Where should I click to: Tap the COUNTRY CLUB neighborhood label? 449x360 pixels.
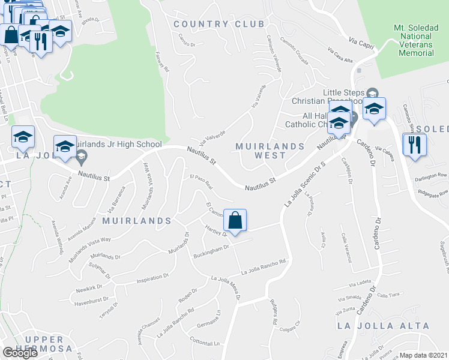pos(218,24)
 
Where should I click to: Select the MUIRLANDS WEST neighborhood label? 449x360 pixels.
pos(270,151)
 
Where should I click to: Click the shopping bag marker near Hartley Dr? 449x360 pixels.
pos(236,221)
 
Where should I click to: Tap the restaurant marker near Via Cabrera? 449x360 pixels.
pos(414,146)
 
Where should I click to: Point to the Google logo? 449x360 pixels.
pos(20,353)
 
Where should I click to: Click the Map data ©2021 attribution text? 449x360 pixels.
pos(424,355)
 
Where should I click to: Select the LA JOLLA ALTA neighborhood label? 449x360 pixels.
pos(384,326)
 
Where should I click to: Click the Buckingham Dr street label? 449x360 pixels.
pos(211,252)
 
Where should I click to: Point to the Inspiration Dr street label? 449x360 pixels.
pos(153,278)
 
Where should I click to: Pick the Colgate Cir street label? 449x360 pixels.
pos(290,328)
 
